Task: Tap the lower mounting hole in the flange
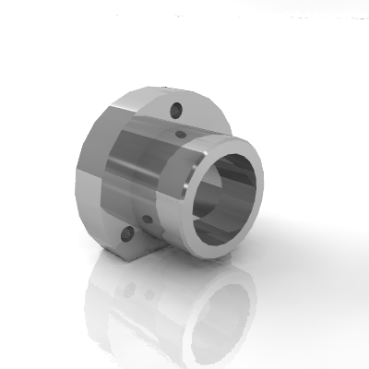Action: (x=125, y=236)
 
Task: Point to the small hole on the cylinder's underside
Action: (x=146, y=220)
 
